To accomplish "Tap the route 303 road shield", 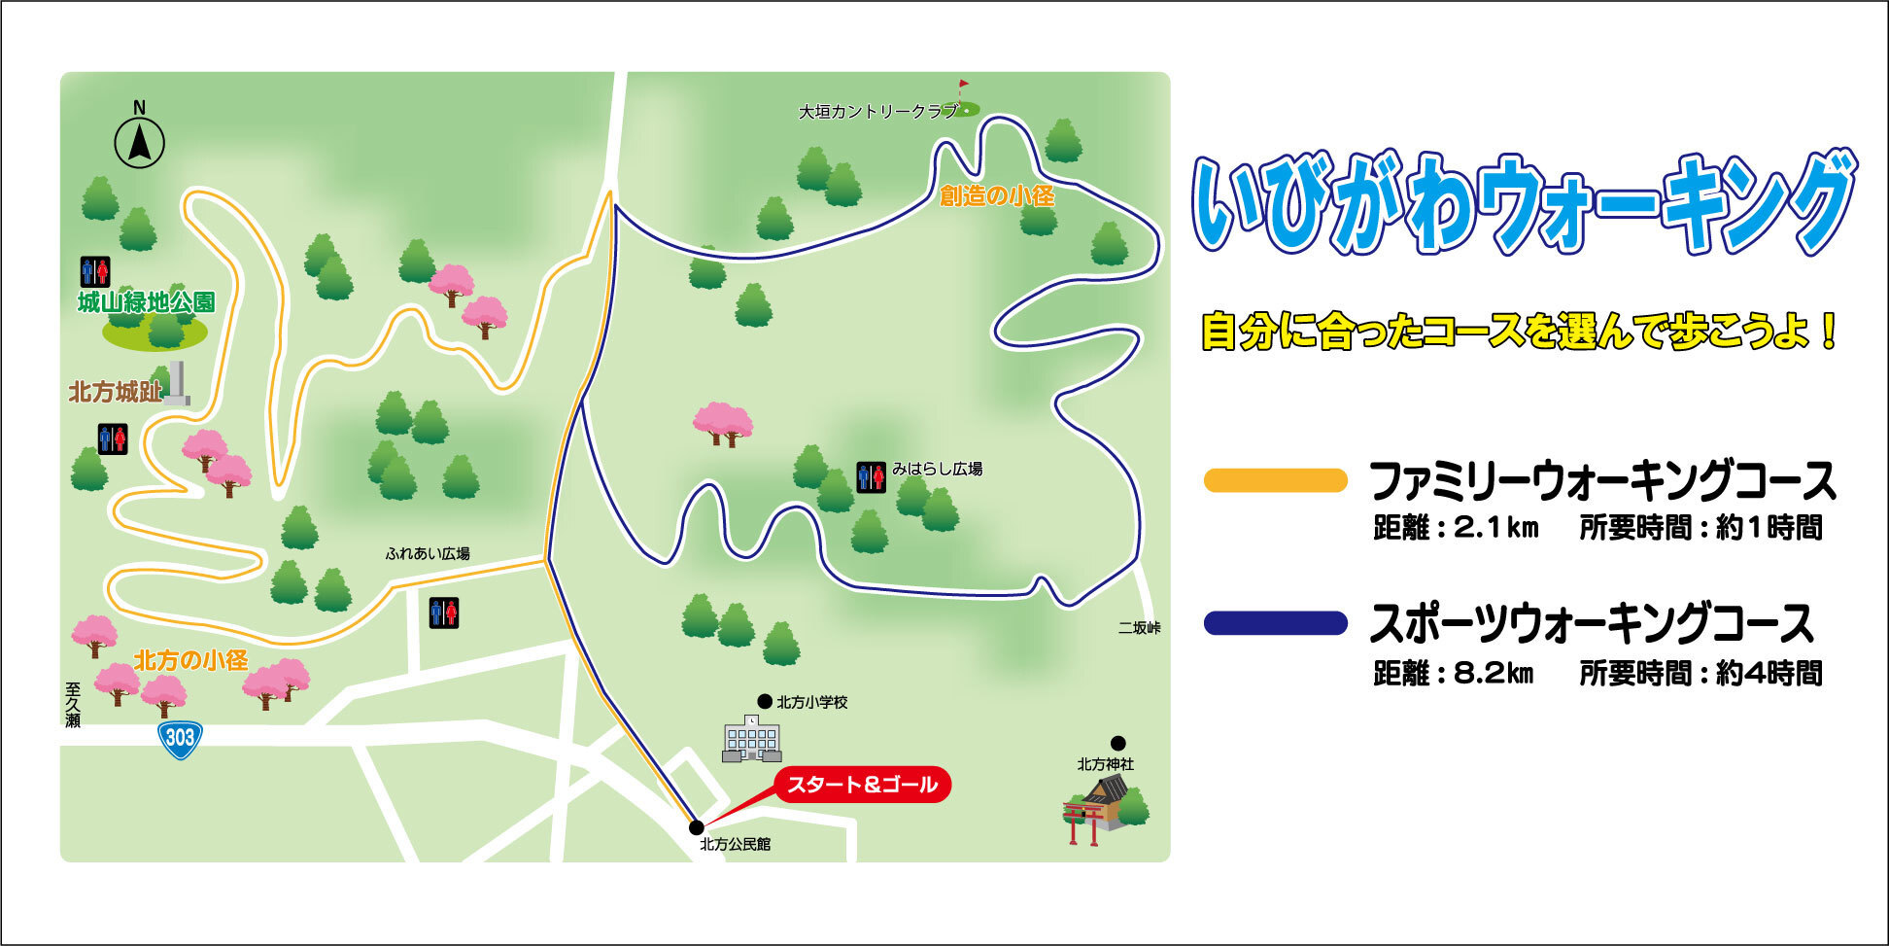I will [x=180, y=738].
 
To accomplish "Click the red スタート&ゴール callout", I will [x=862, y=785].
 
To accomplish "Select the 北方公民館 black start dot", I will [x=696, y=827].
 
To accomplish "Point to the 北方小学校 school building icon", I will [x=751, y=739].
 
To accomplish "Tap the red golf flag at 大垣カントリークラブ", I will [x=963, y=87].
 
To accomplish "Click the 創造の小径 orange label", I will [x=996, y=195].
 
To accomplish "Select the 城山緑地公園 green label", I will [x=146, y=302].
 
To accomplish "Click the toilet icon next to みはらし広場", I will [x=871, y=476].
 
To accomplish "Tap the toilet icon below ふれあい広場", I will [x=444, y=613].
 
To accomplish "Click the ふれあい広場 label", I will [x=428, y=554].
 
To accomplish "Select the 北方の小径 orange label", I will [x=190, y=661].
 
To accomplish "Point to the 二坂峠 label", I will [x=1139, y=628].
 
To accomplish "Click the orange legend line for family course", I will [x=1275, y=480].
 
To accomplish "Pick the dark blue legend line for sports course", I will [x=1275, y=623].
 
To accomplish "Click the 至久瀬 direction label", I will [x=73, y=705].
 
